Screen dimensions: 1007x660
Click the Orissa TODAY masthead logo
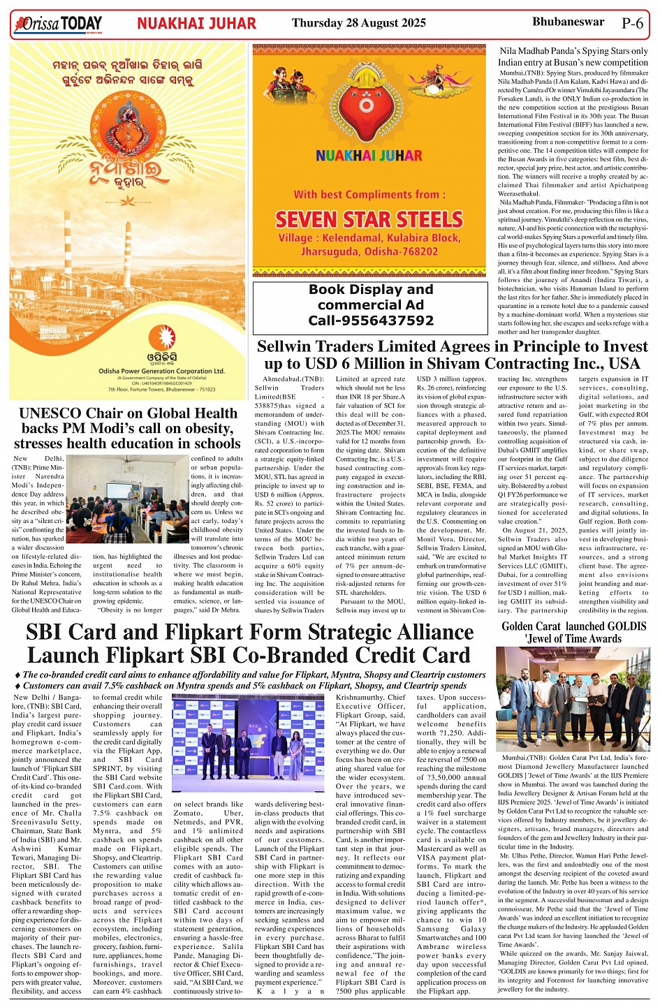point(58,24)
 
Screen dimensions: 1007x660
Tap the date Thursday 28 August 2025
point(358,23)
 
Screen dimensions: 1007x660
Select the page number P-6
point(632,23)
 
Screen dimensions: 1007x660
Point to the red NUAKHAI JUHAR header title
point(196,24)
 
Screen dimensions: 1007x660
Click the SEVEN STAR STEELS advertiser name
point(369,219)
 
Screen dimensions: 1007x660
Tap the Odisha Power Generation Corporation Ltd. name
point(161,371)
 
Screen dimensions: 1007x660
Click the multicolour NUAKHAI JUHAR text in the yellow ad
point(369,156)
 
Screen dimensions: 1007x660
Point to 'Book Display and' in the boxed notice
point(371,290)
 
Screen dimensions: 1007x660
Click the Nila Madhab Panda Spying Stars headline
point(573,57)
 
